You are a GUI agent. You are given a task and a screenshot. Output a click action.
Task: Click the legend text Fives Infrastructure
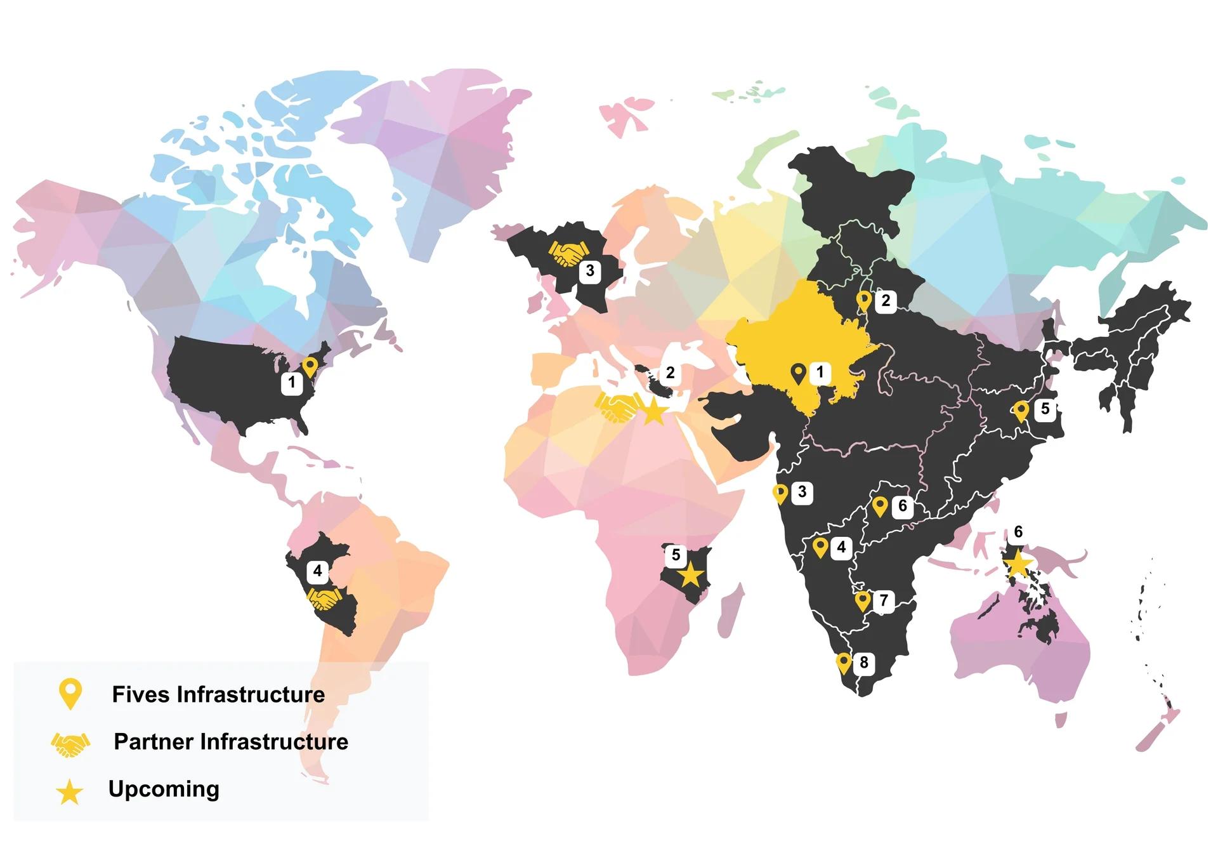tap(218, 694)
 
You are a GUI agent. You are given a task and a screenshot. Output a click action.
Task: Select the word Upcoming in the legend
tap(164, 789)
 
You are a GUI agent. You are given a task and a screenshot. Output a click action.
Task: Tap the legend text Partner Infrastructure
tap(231, 741)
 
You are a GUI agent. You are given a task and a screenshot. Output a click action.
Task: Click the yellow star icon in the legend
tap(69, 792)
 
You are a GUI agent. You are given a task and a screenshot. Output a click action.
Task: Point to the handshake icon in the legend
tap(70, 744)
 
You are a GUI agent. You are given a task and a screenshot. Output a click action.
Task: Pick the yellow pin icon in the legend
tap(70, 693)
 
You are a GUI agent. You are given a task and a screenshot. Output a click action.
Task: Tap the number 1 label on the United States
tap(292, 383)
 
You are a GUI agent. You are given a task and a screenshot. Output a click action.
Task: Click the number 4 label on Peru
tap(317, 571)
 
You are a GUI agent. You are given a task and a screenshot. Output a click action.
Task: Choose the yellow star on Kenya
tap(690, 576)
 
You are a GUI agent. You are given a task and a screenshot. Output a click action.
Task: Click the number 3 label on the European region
tap(590, 271)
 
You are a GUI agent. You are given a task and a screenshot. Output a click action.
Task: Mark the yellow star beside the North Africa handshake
tap(654, 412)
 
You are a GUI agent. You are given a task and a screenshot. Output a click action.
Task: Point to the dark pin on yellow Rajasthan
tap(799, 373)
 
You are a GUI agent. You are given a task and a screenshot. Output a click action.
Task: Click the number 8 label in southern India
tap(863, 663)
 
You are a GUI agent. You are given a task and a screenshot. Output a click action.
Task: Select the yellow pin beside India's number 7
tap(862, 600)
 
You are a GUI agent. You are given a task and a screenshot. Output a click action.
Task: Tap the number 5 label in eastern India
tap(1045, 409)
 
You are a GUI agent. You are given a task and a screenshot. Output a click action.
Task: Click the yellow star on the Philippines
tap(1017, 563)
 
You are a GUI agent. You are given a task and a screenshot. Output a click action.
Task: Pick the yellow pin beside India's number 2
tap(863, 300)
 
